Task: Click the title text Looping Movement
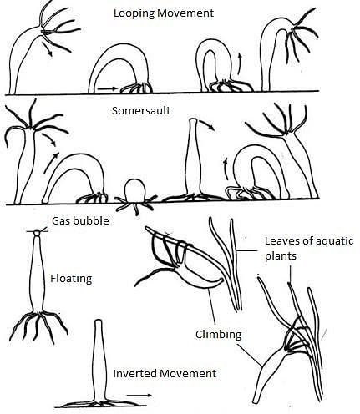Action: [164, 13]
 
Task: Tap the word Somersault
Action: [141, 111]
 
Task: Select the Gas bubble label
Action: [80, 221]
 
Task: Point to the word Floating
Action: [71, 279]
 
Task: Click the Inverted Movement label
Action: [165, 373]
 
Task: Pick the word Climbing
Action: [218, 335]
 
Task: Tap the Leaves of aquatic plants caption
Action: [309, 248]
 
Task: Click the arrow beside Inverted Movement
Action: [139, 395]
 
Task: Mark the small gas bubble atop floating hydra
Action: [37, 232]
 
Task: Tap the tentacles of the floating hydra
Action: [38, 326]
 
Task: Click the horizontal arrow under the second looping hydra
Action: [108, 89]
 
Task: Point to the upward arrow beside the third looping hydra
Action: [240, 64]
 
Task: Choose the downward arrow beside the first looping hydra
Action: [47, 49]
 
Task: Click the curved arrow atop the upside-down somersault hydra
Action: [207, 124]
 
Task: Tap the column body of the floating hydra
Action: [38, 274]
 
